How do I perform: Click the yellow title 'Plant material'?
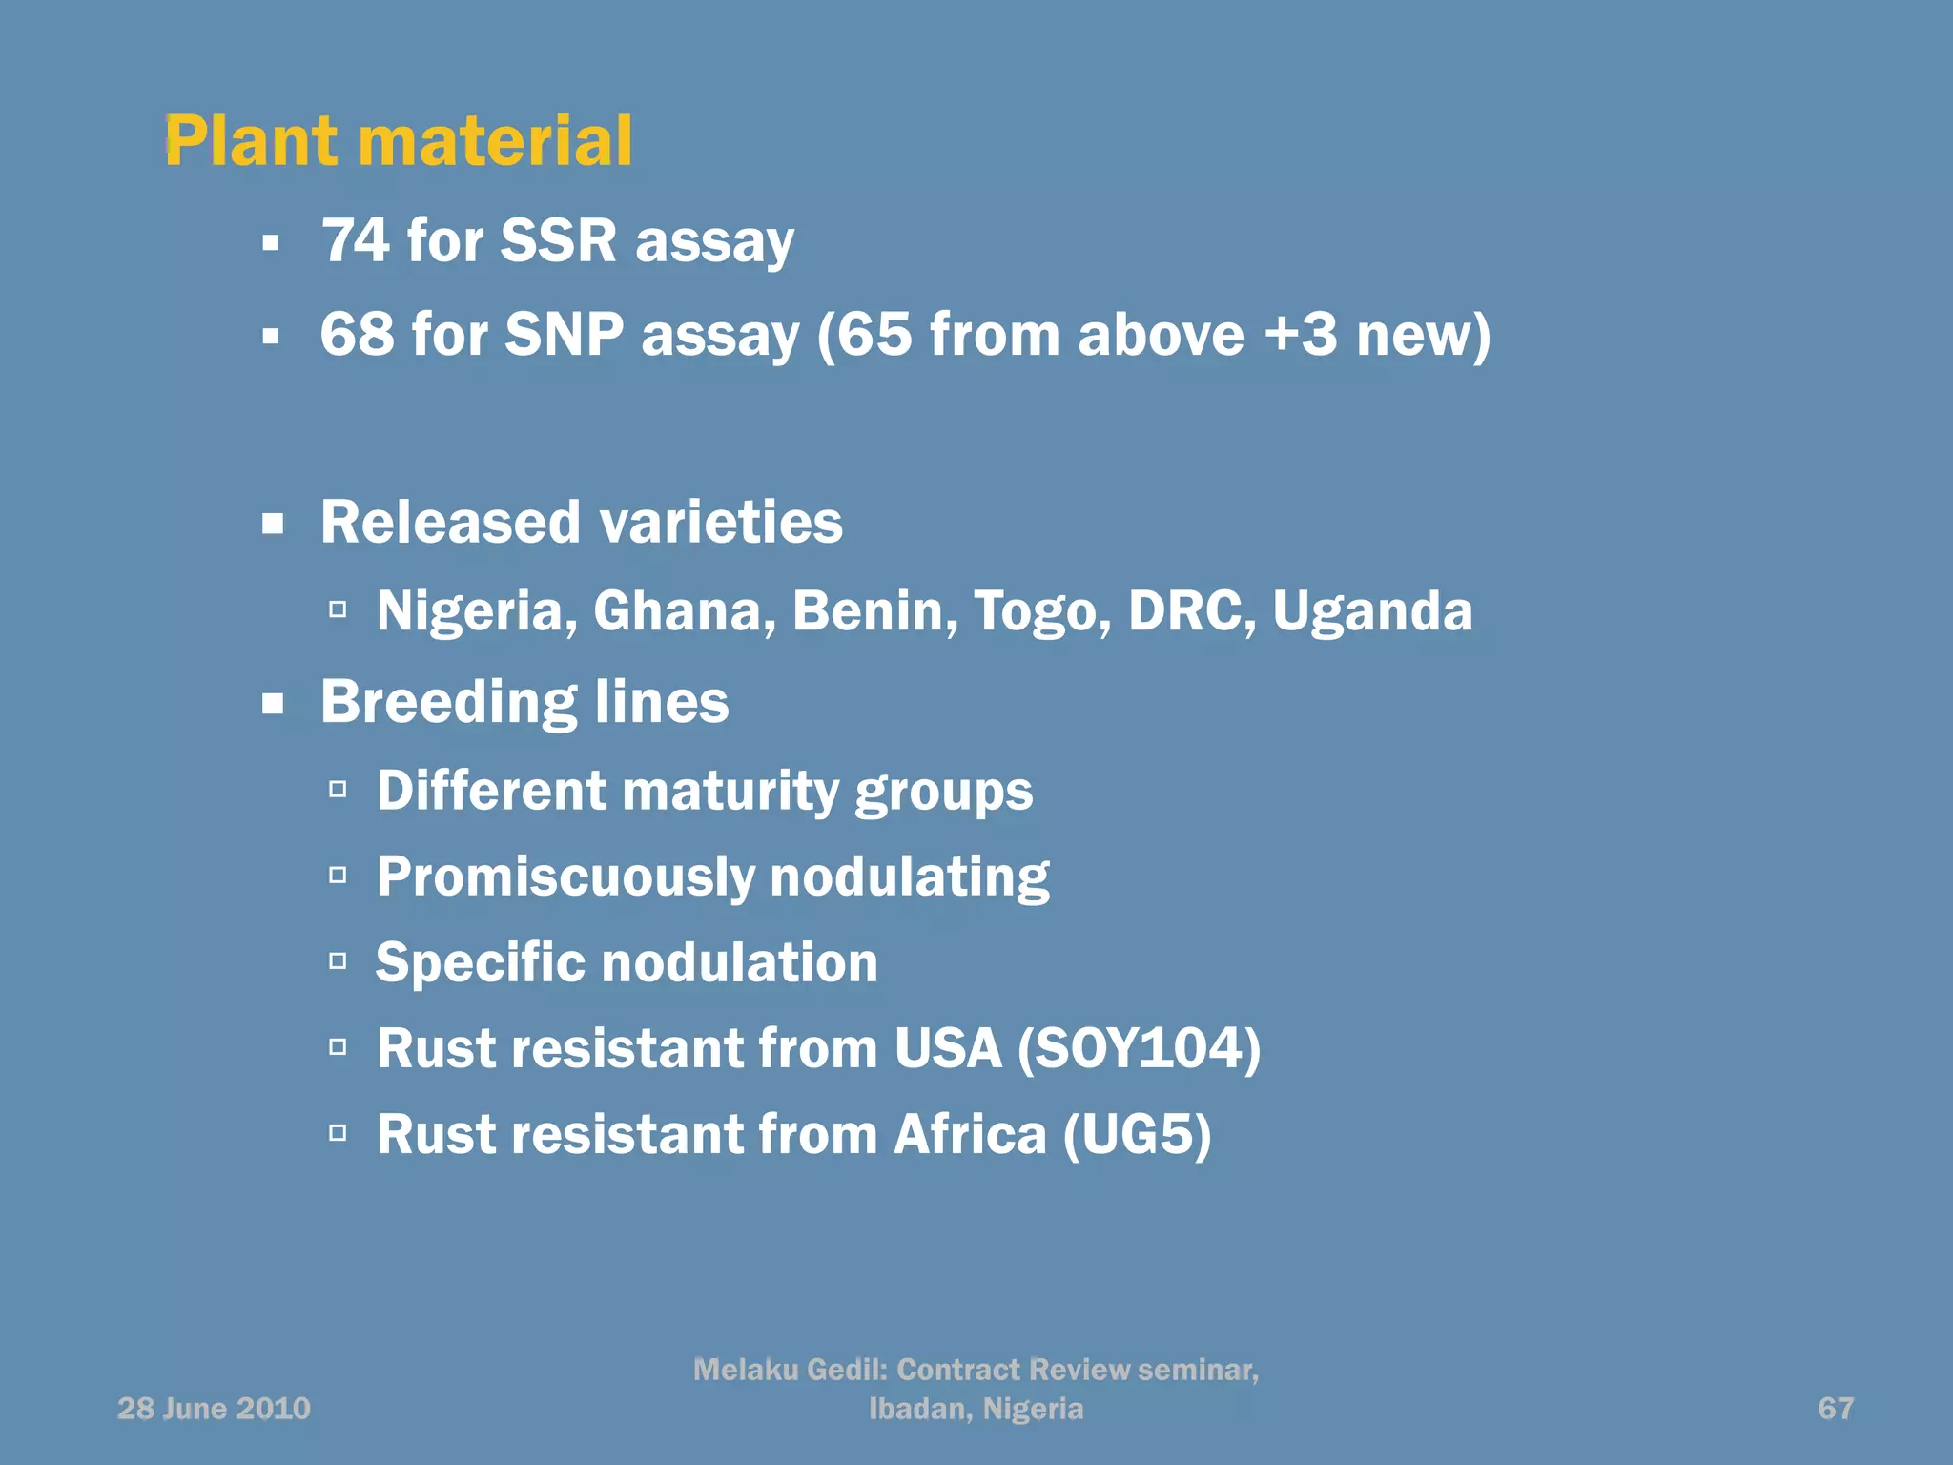click(x=398, y=141)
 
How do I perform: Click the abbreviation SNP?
click(x=564, y=335)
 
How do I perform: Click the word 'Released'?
click(x=450, y=522)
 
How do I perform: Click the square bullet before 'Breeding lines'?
click(x=274, y=704)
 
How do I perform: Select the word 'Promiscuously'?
click(x=565, y=877)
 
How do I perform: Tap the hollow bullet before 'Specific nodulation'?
click(x=338, y=961)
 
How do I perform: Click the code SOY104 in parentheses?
click(x=1139, y=1048)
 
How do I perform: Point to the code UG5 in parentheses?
click(x=1137, y=1134)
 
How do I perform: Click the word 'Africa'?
click(x=970, y=1134)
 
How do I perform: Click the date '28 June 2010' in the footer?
click(x=214, y=1408)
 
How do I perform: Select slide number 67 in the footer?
click(x=1836, y=1408)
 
